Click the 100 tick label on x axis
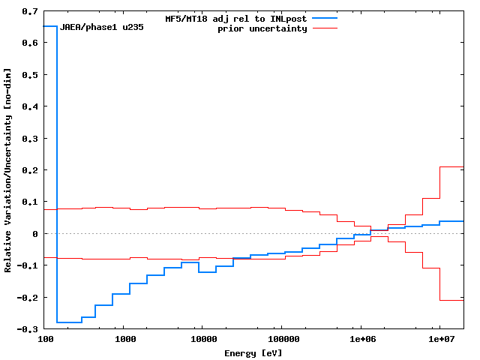45,340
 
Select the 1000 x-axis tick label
124,340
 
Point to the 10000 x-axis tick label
202,340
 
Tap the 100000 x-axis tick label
281,340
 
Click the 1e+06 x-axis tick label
361,340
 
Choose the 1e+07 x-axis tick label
439,340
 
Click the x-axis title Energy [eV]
253,352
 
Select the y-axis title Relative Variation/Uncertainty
8,170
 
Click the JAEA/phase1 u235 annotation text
101,27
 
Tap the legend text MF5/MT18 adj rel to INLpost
235,18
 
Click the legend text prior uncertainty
262,28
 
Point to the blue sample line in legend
324,18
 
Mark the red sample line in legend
324,28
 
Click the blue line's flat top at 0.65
50,26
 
